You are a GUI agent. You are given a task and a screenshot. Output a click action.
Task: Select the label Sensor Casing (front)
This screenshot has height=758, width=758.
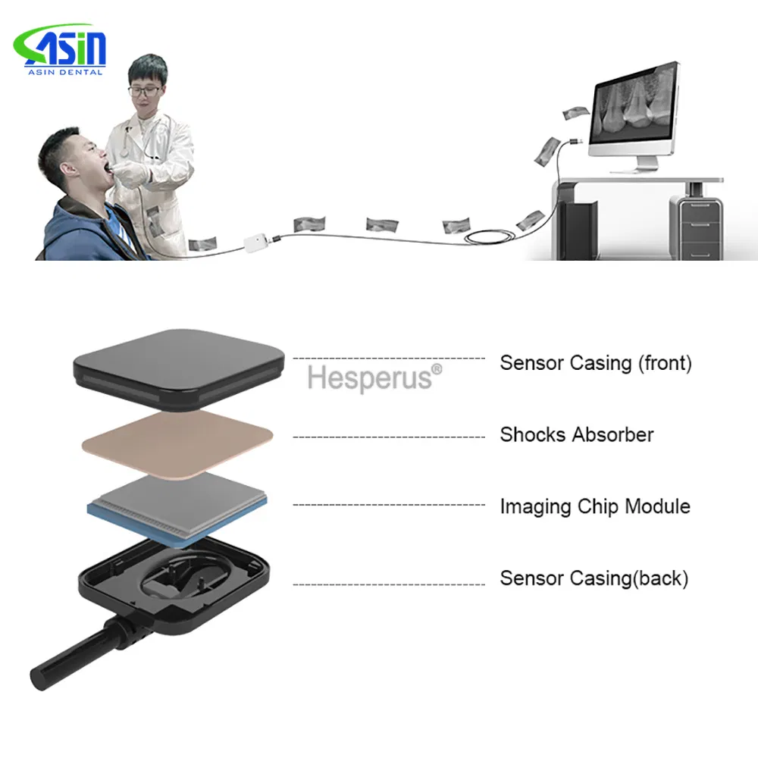tap(596, 363)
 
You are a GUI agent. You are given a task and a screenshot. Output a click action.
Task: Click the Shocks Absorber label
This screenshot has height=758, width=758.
tap(576, 435)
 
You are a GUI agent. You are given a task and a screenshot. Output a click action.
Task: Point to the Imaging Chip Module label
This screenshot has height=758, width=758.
tap(595, 506)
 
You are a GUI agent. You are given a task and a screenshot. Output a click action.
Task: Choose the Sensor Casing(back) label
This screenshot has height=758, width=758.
tap(594, 578)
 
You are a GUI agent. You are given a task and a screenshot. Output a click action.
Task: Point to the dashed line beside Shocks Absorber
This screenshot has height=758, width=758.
tap(388, 437)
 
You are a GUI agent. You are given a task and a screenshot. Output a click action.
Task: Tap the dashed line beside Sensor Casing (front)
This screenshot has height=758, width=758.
tap(388, 358)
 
